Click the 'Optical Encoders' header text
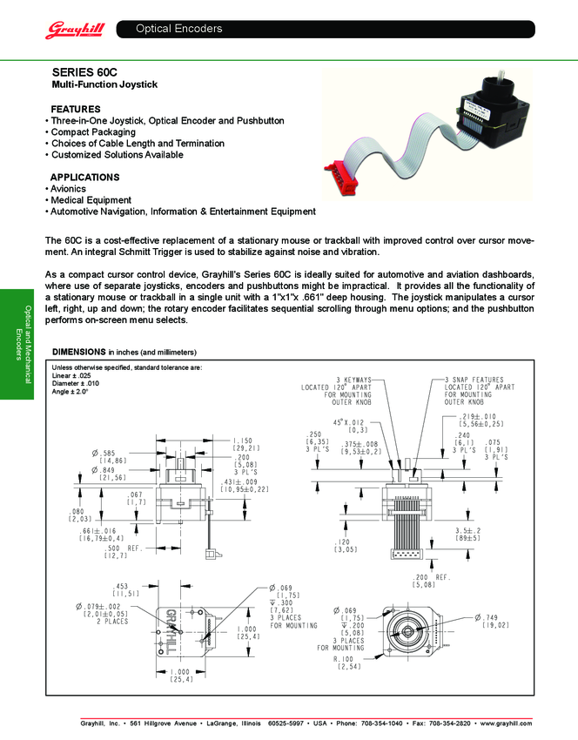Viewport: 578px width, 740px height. [x=178, y=29]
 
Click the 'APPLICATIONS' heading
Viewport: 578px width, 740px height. [x=85, y=177]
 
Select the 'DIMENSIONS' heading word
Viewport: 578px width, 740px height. [x=79, y=352]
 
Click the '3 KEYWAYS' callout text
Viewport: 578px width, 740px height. [x=353, y=380]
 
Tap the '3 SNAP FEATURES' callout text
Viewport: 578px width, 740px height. [x=476, y=380]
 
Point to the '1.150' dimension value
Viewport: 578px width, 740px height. [x=244, y=441]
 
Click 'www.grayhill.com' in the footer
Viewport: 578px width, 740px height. [x=505, y=723]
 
